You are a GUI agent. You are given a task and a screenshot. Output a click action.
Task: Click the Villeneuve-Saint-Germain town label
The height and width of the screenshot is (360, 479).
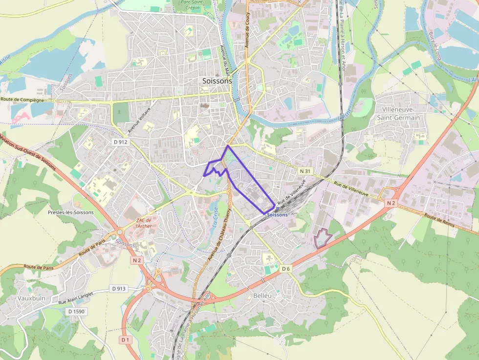click(401, 113)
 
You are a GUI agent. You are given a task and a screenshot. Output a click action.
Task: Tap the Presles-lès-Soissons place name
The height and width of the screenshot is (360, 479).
click(71, 212)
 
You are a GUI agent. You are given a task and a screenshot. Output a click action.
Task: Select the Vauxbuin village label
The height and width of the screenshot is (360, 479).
click(32, 297)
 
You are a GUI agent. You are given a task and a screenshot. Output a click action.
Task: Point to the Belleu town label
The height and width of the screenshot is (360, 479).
click(262, 295)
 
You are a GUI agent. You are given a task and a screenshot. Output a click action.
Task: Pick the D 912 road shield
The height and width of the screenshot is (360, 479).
click(120, 142)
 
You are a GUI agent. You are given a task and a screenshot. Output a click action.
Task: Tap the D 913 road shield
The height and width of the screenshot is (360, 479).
click(118, 289)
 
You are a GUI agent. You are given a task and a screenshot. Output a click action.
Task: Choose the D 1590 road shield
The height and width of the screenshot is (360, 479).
click(76, 311)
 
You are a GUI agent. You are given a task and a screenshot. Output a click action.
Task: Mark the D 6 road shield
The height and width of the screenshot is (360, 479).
click(286, 269)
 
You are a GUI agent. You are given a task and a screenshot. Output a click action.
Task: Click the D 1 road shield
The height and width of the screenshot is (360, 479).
click(125, 339)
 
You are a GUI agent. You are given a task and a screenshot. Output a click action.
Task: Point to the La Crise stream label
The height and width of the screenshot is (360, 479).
click(216, 215)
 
